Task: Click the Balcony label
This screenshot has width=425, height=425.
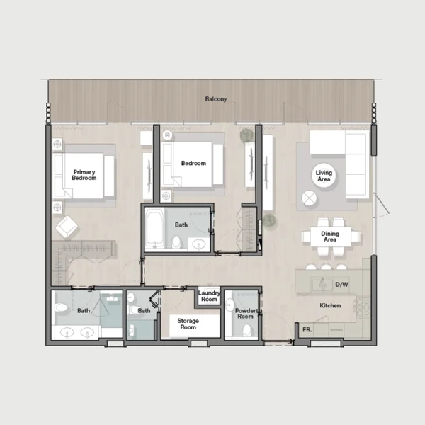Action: pos(216,99)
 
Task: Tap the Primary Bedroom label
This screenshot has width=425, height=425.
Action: pos(84,175)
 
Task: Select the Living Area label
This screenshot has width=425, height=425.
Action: pos(324,176)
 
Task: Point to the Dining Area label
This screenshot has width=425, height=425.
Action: pos(330,237)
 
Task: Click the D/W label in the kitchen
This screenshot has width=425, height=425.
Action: pos(342,285)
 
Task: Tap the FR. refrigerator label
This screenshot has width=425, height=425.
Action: pos(307,330)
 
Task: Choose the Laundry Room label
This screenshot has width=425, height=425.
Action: pos(209,296)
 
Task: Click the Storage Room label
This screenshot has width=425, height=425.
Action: pos(188,324)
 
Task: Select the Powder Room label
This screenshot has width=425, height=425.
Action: pos(245,314)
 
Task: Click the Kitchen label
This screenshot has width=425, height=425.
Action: pos(330,305)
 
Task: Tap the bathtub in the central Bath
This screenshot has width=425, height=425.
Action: pos(154,229)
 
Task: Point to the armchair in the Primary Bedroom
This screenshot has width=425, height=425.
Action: pos(67,227)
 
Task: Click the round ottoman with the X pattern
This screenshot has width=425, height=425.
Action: pos(310,198)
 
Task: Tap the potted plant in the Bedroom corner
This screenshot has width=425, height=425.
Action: pos(247,135)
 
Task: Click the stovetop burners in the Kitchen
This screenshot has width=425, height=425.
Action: pos(363,307)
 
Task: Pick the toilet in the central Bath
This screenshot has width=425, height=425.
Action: pos(176,242)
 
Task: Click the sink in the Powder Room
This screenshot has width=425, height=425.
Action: pos(229,305)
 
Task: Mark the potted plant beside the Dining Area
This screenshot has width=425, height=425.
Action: pos(270,220)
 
